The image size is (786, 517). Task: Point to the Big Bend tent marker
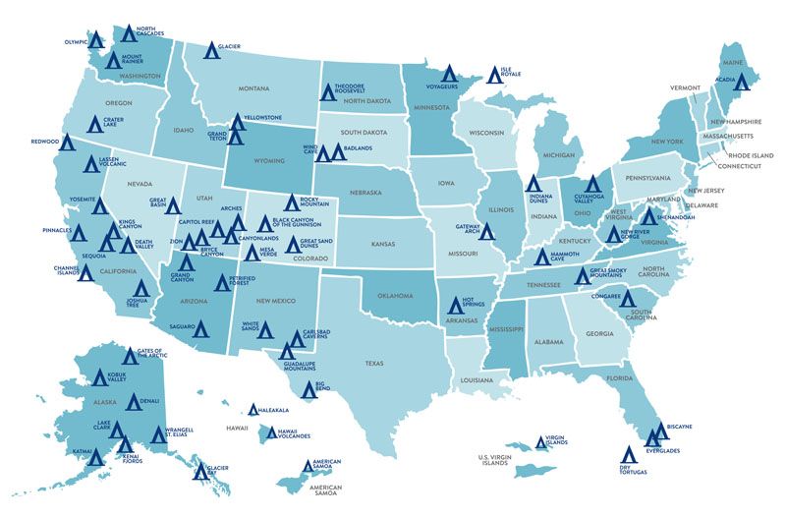(309, 390)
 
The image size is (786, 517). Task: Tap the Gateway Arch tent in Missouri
(485, 232)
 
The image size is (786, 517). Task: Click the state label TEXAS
(374, 363)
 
